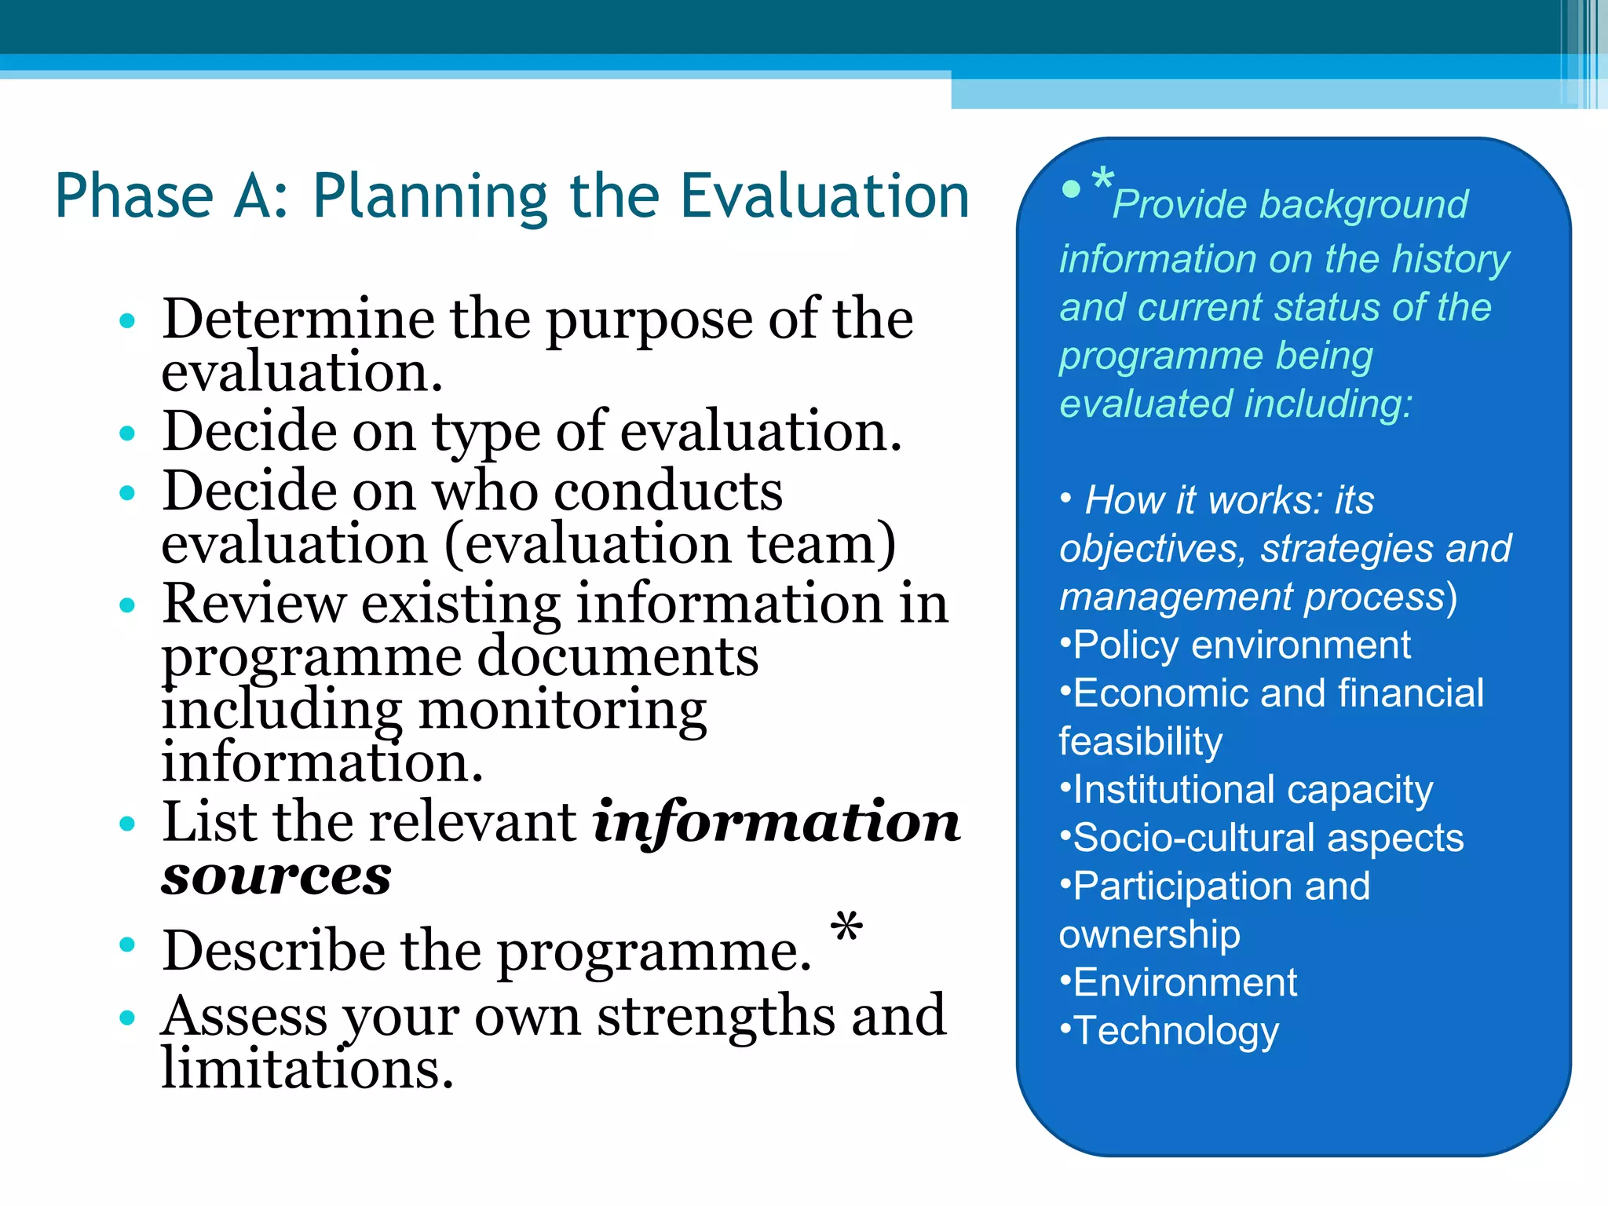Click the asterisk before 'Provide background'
pyautogui.click(x=1102, y=179)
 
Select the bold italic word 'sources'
pyautogui.click(x=276, y=875)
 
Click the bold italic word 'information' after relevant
pyautogui.click(x=777, y=822)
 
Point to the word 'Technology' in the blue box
pyautogui.click(x=1176, y=1031)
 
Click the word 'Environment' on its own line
pyautogui.click(x=1185, y=982)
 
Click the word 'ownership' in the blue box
pyautogui.click(x=1149, y=934)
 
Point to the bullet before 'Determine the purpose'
pyautogui.click(x=127, y=320)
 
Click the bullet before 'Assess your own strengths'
pyautogui.click(x=127, y=1018)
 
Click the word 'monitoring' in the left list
pyautogui.click(x=562, y=710)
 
